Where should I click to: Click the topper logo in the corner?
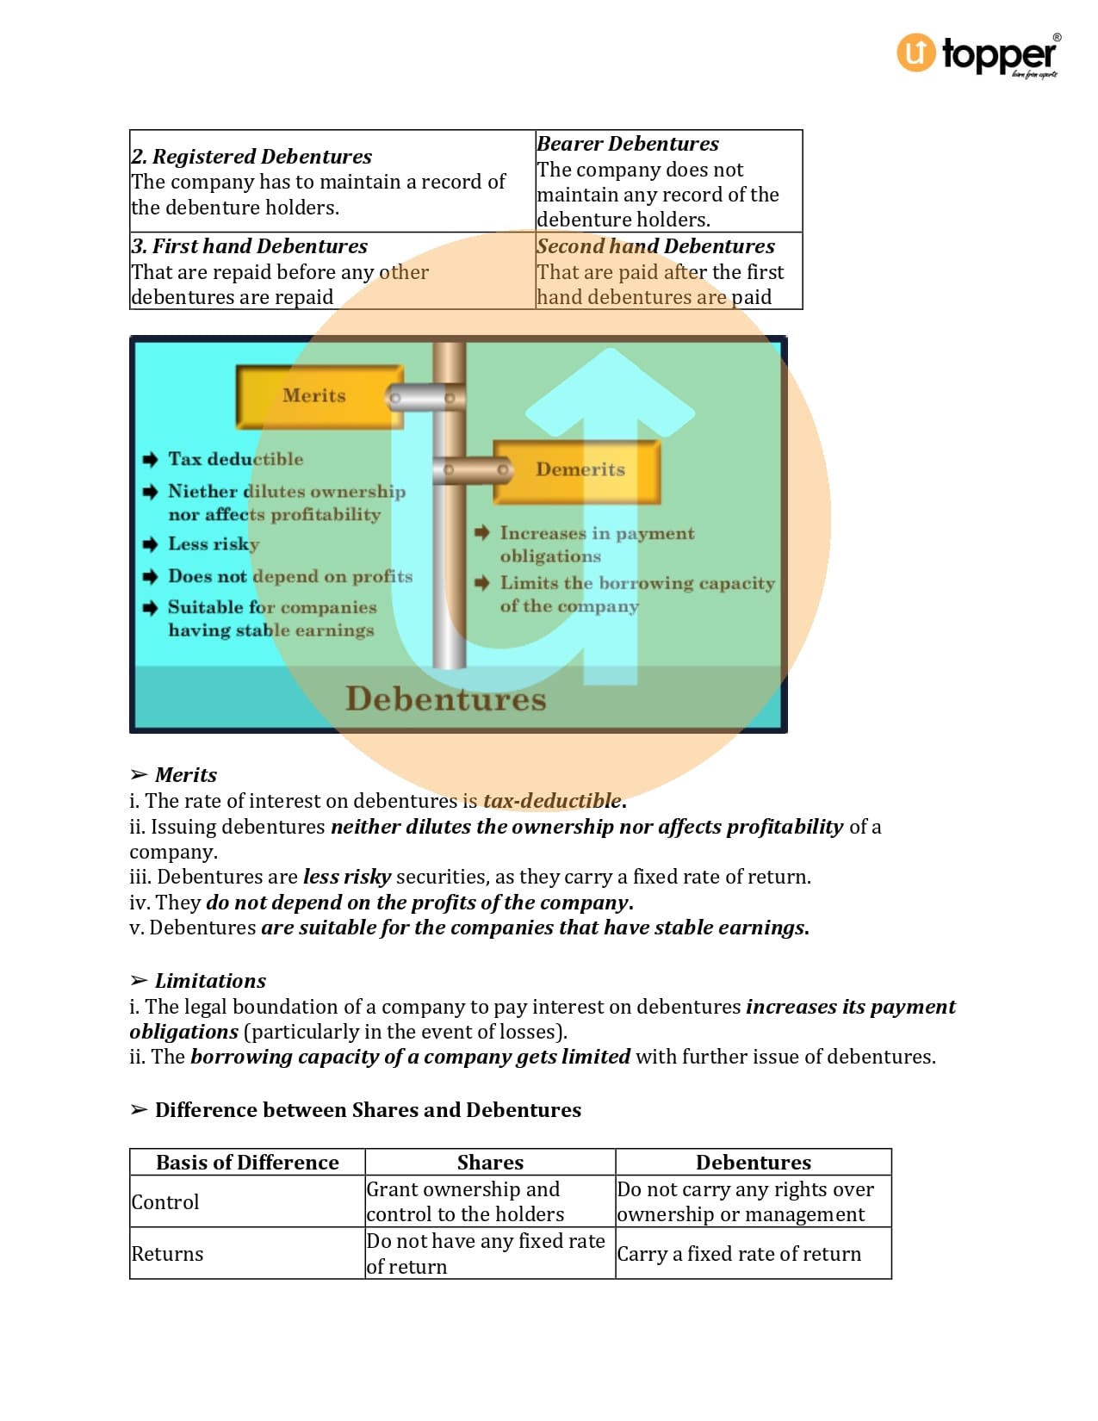pos(978,55)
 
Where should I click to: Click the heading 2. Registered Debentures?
pos(251,157)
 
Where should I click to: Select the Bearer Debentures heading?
pos(628,144)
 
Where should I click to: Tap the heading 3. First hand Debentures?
pos(250,246)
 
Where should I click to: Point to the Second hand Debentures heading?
pos(655,246)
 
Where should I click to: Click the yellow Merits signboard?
pos(315,396)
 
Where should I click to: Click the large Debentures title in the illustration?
pos(445,698)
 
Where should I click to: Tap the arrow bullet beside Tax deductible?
pos(151,459)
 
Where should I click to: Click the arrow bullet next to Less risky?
pos(151,544)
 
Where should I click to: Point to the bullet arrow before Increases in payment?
pos(482,533)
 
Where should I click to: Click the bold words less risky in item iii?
pos(347,877)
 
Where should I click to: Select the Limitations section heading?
pos(210,981)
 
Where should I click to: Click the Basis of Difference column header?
pos(247,1163)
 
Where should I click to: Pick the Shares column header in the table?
pos(490,1163)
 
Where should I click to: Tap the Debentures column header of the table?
pos(753,1163)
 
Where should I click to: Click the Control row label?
pos(165,1202)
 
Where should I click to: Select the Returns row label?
pos(167,1254)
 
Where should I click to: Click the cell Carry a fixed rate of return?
pos(739,1254)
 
